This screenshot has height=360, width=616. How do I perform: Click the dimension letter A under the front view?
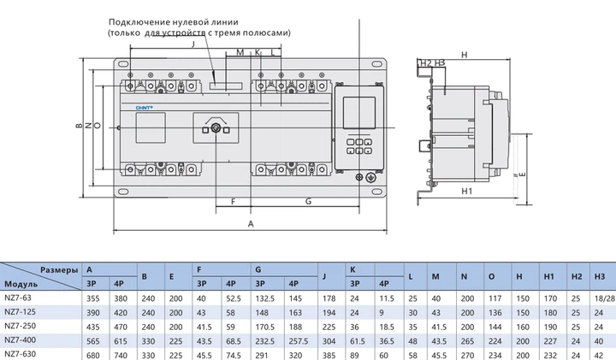[251, 223]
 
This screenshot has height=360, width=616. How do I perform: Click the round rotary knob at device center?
[216, 128]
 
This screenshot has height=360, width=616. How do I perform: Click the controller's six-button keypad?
[360, 144]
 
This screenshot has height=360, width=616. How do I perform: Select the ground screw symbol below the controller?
[370, 177]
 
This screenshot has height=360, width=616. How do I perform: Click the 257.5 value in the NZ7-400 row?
[297, 339]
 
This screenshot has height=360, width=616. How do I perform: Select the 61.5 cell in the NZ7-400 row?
[358, 339]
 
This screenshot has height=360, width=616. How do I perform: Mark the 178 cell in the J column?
[329, 298]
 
